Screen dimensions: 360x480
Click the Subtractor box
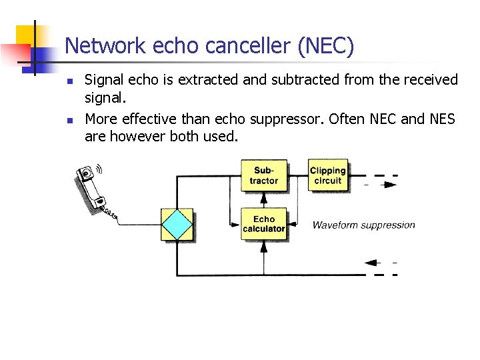click(x=263, y=176)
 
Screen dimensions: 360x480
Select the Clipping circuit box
click(x=327, y=175)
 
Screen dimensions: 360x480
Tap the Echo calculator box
click(x=263, y=224)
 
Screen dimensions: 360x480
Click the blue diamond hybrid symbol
click(x=177, y=225)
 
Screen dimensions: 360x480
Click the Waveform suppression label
click(x=363, y=225)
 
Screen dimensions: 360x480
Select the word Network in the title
click(x=106, y=46)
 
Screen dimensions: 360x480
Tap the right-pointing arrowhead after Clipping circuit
click(x=390, y=185)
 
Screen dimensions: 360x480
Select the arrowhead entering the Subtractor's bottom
click(x=263, y=197)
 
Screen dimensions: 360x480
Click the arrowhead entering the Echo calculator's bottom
click(x=263, y=246)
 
